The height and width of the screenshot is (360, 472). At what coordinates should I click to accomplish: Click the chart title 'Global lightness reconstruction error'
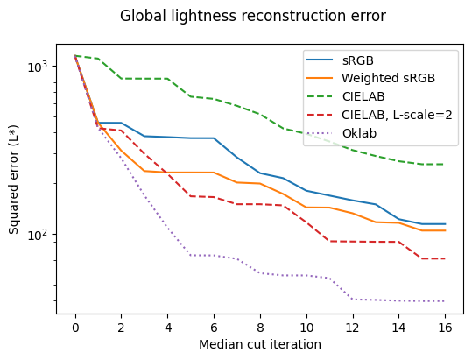[252, 16]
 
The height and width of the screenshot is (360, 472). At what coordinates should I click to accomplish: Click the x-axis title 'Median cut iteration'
[260, 344]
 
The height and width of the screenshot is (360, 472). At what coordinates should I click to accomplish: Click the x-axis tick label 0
[75, 326]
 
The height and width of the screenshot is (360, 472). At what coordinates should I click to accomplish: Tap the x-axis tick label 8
[260, 326]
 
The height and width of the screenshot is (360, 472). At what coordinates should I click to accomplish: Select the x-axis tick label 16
[445, 326]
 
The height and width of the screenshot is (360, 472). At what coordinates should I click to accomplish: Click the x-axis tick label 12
[353, 326]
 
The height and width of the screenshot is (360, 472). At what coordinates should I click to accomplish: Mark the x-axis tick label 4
[168, 326]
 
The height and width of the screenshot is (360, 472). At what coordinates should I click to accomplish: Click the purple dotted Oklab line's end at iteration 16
[445, 301]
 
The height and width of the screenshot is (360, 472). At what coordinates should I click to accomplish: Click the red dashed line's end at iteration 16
[445, 258]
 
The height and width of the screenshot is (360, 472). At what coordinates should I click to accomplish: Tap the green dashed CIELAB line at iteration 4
[168, 79]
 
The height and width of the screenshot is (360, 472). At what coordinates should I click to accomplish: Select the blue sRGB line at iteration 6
[214, 138]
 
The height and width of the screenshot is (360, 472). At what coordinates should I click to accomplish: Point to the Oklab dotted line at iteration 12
[353, 299]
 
